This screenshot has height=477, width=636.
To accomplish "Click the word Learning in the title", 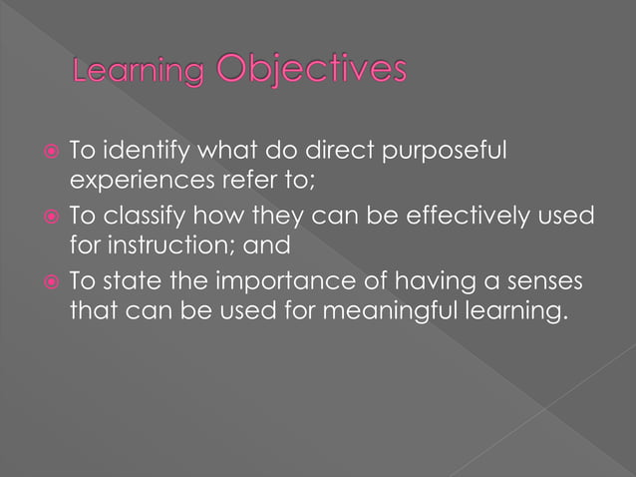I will pos(139,73).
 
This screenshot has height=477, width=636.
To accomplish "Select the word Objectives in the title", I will pos(311,70).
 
